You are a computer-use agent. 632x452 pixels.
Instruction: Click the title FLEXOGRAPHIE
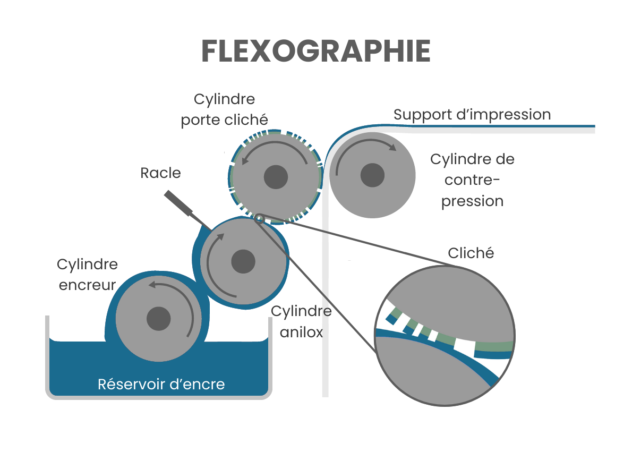[315, 52]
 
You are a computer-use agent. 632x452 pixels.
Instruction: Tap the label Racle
[160, 173]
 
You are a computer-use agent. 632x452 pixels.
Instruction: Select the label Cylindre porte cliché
[224, 110]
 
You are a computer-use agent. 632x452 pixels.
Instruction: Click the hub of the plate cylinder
[276, 176]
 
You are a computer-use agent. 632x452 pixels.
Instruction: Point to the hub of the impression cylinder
[372, 175]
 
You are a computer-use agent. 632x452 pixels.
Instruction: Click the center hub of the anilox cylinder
[244, 261]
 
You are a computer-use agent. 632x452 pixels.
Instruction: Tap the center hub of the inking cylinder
[158, 319]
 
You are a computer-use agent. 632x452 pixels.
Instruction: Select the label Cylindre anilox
[301, 322]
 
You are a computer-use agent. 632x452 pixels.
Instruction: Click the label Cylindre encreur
[87, 274]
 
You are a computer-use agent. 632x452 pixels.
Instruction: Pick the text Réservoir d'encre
[161, 384]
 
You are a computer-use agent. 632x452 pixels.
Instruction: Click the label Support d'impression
[472, 115]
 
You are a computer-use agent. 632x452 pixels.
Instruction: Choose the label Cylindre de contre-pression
[472, 180]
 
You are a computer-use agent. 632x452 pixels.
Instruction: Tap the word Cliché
[471, 253]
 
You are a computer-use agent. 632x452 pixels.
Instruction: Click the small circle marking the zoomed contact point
[259, 218]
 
